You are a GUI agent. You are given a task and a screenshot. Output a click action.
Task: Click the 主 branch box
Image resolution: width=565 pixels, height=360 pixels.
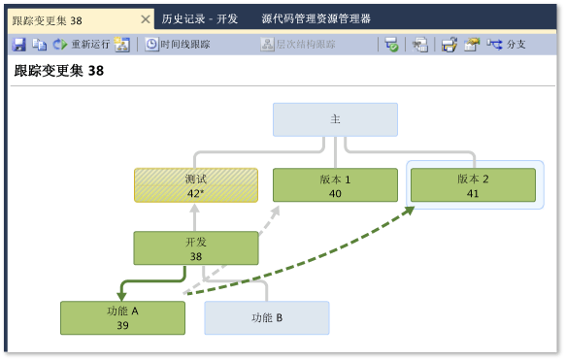click(335, 119)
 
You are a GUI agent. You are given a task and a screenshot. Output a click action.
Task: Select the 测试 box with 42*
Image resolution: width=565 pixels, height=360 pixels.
click(196, 185)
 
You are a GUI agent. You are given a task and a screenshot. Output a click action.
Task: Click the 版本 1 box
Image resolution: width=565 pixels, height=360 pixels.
click(335, 185)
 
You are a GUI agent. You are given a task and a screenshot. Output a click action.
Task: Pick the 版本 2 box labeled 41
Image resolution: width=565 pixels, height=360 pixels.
click(473, 185)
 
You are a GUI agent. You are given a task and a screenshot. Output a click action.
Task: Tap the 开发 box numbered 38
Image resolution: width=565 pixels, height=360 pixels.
click(196, 248)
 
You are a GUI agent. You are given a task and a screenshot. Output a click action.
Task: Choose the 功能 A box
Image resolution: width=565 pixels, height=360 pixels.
click(122, 317)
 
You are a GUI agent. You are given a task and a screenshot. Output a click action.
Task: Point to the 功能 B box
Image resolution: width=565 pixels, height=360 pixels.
click(267, 317)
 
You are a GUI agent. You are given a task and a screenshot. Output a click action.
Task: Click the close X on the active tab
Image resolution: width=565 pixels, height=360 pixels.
click(146, 18)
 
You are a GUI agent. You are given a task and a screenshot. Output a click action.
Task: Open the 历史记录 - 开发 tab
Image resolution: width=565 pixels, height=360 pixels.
click(200, 18)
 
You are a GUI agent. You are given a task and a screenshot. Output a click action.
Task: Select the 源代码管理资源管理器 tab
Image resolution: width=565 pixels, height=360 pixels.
click(316, 18)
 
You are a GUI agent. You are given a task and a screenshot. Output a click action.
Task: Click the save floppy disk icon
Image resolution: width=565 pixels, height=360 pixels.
click(18, 44)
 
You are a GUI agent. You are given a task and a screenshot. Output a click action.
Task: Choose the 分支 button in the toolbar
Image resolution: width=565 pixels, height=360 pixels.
click(508, 44)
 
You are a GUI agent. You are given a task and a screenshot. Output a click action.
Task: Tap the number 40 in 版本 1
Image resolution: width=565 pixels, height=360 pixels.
click(335, 193)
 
